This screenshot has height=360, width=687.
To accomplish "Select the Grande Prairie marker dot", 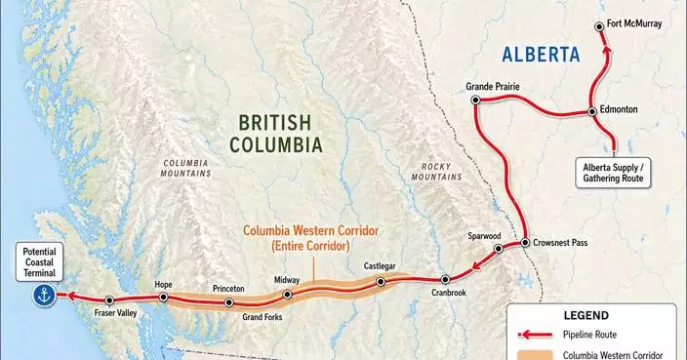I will point(475,100).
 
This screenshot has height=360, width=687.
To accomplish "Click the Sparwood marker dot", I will point(498,249).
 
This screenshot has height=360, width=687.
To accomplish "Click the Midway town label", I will point(287,280).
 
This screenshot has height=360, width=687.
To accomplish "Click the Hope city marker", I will point(164,297).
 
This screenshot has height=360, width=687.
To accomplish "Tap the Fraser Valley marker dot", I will point(109,300).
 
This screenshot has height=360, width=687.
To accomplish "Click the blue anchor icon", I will point(42,296).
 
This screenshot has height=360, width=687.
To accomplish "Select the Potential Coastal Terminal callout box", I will point(41,262).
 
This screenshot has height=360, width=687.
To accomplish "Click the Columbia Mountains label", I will point(186,168).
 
